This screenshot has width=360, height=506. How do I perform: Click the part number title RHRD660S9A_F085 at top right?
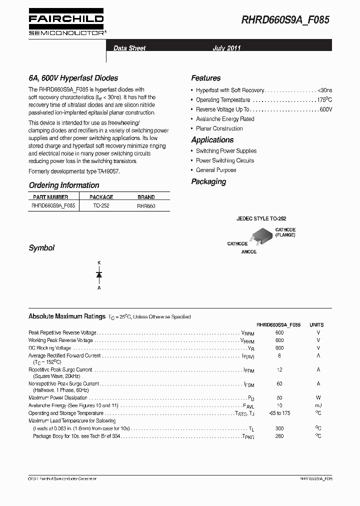285,20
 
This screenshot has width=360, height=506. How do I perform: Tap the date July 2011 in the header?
226,48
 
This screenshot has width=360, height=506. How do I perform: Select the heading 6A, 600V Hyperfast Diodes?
73,78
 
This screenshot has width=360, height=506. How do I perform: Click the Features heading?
205,78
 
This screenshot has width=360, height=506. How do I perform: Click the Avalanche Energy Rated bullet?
225,119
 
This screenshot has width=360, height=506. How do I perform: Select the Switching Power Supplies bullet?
226,151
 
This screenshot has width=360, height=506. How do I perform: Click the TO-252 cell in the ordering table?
101,205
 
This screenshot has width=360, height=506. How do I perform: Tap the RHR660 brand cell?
145,205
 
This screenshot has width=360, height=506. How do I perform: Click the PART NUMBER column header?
50,197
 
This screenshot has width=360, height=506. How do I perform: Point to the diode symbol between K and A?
99,274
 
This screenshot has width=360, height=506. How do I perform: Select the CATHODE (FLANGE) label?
285,232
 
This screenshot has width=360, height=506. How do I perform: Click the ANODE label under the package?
248,252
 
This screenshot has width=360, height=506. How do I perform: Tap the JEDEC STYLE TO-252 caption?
261,219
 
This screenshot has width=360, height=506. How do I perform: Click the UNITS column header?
317,324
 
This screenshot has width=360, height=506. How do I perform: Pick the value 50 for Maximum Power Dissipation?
279,398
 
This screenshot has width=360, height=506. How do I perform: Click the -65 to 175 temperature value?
279,413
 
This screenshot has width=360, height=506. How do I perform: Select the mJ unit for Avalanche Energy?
318,405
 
